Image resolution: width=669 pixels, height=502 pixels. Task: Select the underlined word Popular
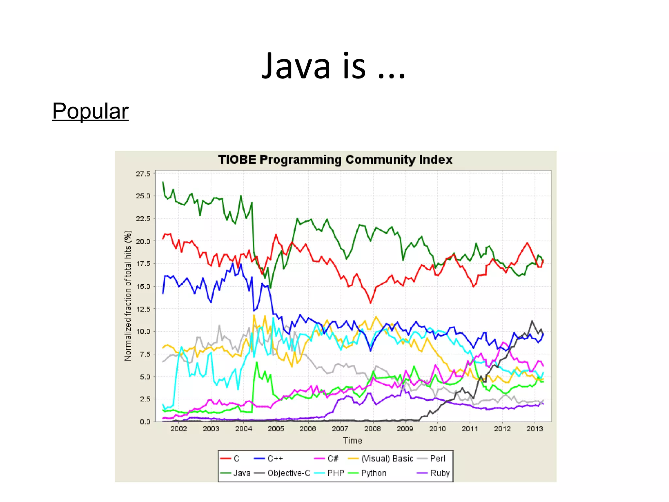click(x=90, y=111)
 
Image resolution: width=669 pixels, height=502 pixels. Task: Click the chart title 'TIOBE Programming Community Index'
click(x=335, y=160)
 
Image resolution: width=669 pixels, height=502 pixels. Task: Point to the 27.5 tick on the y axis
click(x=143, y=174)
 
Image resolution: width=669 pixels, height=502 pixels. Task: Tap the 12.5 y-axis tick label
click(x=143, y=309)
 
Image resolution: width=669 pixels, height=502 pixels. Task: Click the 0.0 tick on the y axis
click(x=145, y=422)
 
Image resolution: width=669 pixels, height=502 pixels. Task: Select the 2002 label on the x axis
click(x=179, y=429)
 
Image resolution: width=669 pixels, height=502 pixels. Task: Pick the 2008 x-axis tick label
click(x=372, y=429)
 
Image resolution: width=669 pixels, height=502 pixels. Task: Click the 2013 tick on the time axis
click(x=534, y=429)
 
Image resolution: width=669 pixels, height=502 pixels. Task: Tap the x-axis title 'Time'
click(x=352, y=441)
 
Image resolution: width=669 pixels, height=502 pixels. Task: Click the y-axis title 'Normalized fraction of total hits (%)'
click(x=128, y=296)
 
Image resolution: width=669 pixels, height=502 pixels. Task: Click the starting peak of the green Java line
click(x=163, y=182)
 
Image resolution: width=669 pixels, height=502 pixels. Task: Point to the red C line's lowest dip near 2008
click(x=370, y=303)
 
